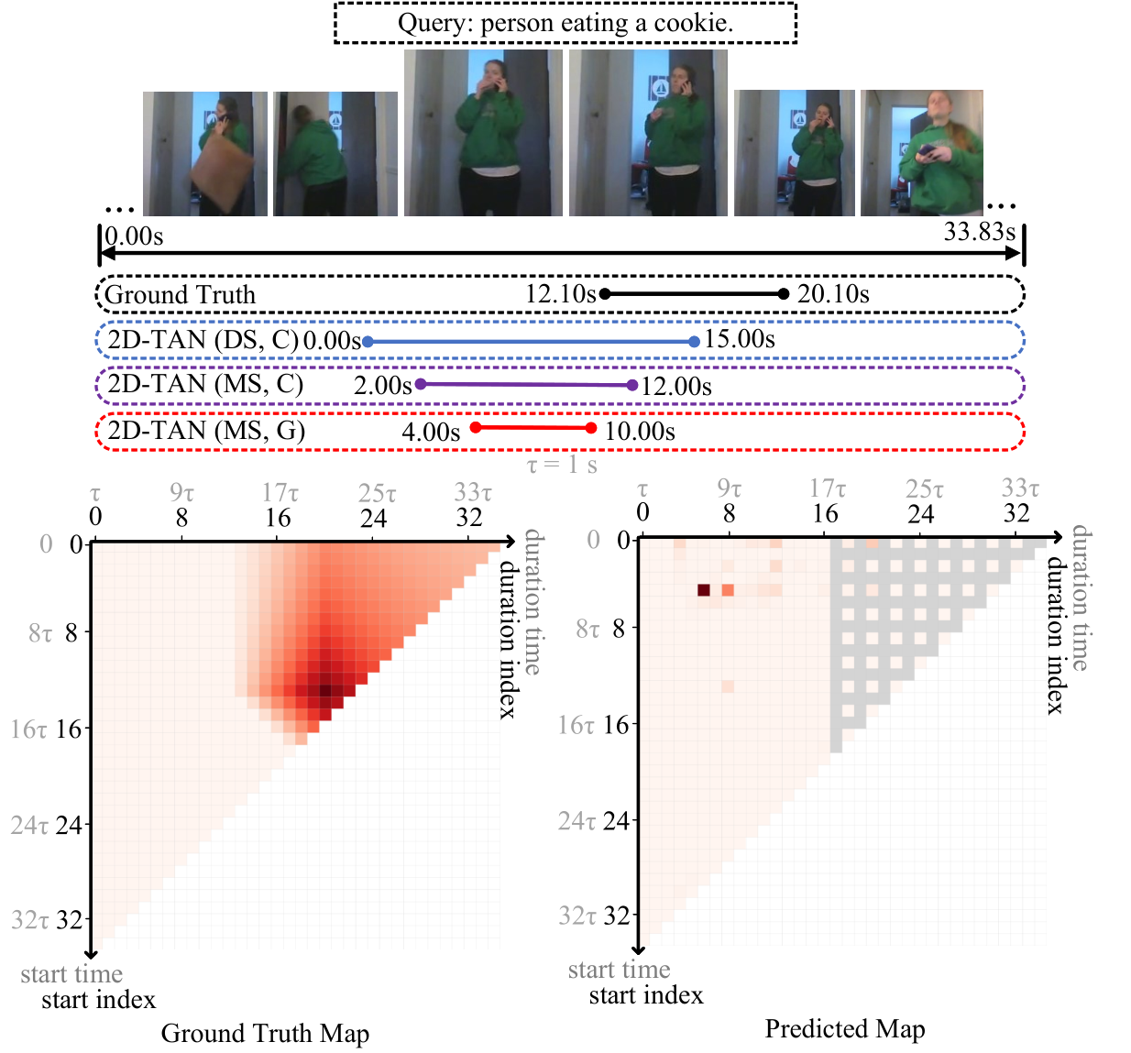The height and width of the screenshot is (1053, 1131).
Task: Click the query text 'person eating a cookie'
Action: pos(607,23)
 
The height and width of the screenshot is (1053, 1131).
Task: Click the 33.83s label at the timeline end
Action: pos(979,231)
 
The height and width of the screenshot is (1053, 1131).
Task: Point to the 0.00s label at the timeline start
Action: pos(134,236)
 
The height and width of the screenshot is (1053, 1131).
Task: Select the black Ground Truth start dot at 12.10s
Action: pos(605,294)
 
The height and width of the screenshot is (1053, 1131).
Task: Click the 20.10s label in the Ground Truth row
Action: pos(833,294)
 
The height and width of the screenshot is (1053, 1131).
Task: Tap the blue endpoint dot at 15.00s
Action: pos(694,342)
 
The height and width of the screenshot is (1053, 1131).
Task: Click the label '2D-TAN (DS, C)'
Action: pos(203,340)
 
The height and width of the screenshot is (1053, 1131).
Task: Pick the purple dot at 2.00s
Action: pos(421,384)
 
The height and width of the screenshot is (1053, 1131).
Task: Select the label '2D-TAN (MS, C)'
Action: pos(205,384)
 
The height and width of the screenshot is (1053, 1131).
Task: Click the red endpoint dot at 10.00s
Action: pos(591,428)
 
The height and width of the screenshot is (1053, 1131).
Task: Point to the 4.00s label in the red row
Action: pos(431,432)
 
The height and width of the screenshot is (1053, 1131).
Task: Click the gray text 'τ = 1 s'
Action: pos(562,465)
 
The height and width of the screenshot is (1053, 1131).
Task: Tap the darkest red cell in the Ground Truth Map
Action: pos(325,690)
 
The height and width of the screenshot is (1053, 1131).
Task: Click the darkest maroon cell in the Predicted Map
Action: pos(704,590)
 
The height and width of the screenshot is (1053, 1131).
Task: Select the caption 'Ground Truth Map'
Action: pos(265,1033)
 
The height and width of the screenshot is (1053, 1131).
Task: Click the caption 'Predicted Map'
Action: pos(844,1028)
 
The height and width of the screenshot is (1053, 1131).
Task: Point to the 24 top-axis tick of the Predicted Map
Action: pos(921,514)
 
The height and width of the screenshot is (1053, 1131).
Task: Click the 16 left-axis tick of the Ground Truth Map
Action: pos(69,729)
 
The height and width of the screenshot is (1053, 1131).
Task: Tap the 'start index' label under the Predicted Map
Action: pos(646,995)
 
